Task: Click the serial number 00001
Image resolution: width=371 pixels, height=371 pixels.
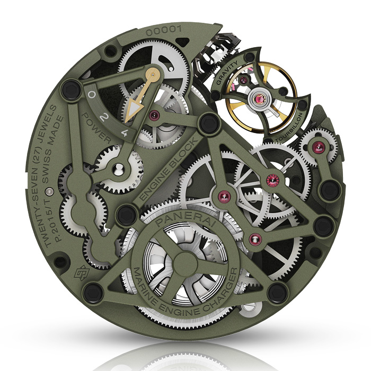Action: [164, 31]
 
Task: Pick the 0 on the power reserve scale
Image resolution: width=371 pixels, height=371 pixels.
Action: [92, 95]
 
